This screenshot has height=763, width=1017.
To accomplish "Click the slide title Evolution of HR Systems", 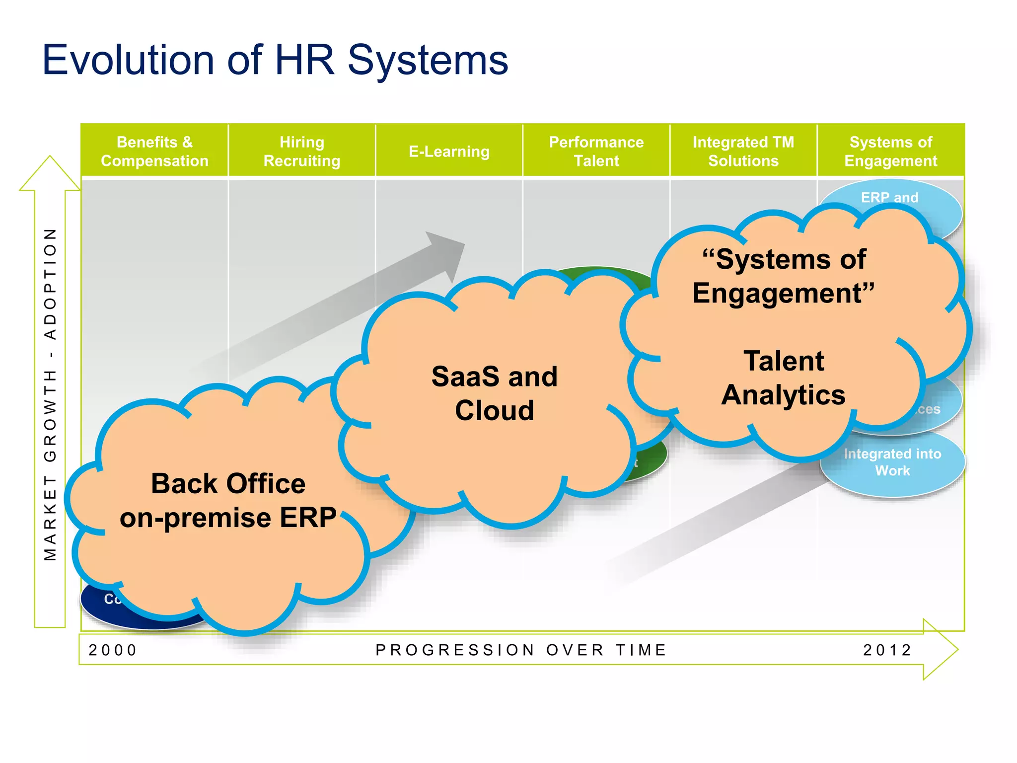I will [275, 60].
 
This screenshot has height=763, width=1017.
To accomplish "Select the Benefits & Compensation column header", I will [154, 152].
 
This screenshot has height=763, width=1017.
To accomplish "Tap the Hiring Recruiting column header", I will [301, 152].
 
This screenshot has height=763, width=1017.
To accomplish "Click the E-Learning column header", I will [449, 152].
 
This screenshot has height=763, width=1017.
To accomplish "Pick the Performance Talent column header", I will [596, 152].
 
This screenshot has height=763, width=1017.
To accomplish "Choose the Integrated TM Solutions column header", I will [743, 152].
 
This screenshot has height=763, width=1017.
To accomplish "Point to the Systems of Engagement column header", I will [890, 152].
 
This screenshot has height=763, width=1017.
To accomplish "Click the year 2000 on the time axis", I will [113, 650].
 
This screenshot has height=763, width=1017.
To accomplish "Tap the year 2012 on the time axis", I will [887, 650].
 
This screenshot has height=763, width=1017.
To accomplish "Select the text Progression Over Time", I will [521, 650].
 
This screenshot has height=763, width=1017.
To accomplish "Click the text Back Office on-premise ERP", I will [228, 500].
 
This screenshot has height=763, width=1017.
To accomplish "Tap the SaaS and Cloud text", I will [494, 393].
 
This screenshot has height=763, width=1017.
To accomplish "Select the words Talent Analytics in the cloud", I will [783, 378].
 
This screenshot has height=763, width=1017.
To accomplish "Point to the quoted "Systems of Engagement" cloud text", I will [783, 276].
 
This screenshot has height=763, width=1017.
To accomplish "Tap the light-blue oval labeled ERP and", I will [889, 197].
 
